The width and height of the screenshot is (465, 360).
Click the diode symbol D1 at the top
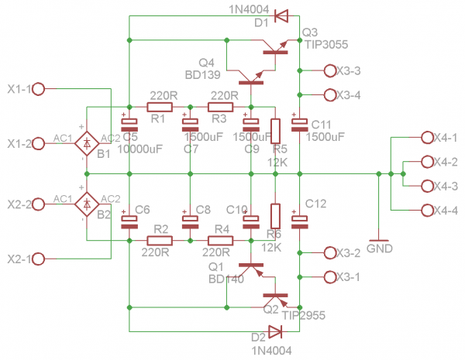click(281, 15)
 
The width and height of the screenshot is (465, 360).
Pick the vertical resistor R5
click(274, 131)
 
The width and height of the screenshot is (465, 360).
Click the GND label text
click(379, 249)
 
